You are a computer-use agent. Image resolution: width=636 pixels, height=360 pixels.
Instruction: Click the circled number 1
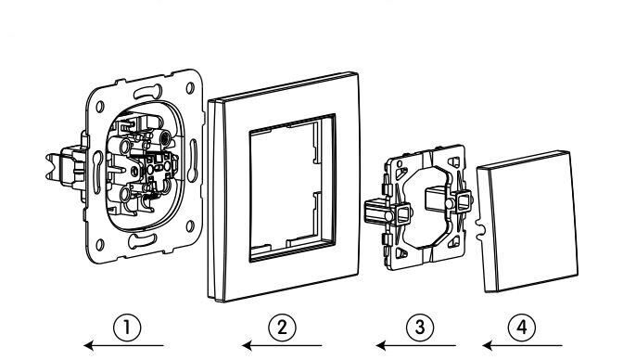pyautogui.click(x=127, y=328)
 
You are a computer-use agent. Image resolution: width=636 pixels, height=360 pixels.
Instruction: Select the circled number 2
pyautogui.click(x=282, y=328)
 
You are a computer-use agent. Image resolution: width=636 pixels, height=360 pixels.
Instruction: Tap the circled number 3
pyautogui.click(x=420, y=328)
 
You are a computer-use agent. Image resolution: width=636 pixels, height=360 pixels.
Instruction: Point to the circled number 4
pyautogui.click(x=522, y=328)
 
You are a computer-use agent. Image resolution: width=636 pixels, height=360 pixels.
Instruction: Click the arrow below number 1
pyautogui.click(x=123, y=346)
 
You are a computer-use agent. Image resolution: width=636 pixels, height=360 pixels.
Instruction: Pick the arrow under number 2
pyautogui.click(x=282, y=346)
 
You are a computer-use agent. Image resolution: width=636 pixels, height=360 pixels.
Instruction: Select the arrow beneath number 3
pyautogui.click(x=415, y=346)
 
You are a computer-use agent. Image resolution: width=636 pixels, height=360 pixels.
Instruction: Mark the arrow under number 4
pyautogui.click(x=523, y=346)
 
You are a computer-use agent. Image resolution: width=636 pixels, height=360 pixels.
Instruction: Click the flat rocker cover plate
pyautogui.click(x=528, y=222)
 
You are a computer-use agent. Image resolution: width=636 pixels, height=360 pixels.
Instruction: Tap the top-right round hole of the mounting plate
pyautogui.click(x=190, y=87)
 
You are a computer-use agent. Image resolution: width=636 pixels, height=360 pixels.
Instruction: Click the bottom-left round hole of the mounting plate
pyautogui.click(x=100, y=245)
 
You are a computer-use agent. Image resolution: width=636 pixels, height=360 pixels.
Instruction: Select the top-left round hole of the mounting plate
pyautogui.click(x=100, y=107)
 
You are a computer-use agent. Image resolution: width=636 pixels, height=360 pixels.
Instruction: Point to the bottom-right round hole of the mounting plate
pyautogui.click(x=190, y=226)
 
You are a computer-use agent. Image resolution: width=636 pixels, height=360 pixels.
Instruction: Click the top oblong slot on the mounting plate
pyautogui.click(x=147, y=92)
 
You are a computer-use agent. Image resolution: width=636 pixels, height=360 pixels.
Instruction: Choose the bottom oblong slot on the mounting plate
pyautogui.click(x=142, y=241)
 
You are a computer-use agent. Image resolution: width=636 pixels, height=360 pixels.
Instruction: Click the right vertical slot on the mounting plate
pyautogui.click(x=192, y=161)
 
